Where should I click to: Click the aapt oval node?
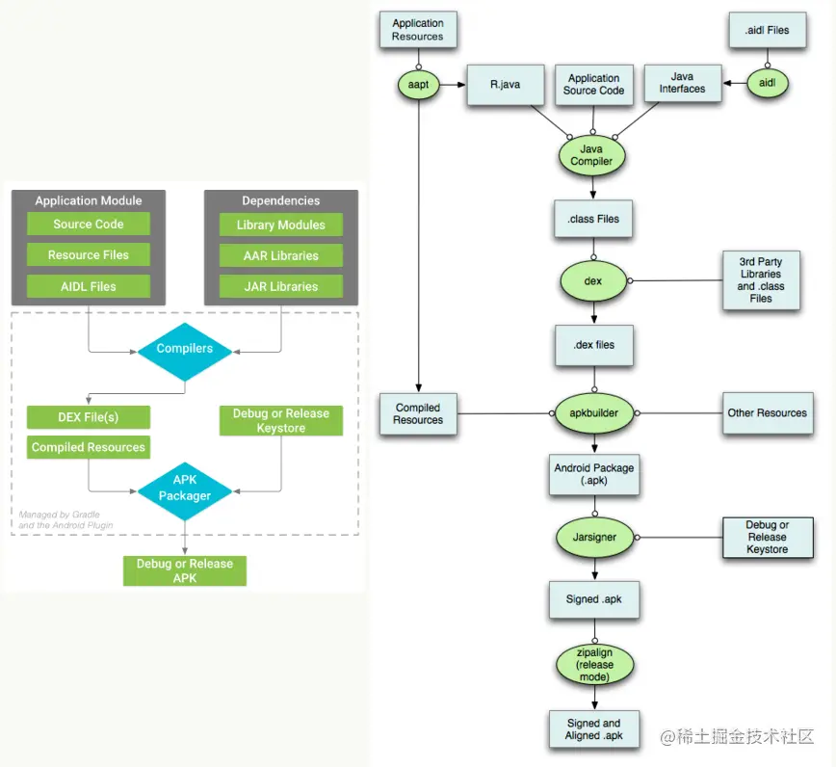(418, 85)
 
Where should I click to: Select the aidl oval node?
(768, 84)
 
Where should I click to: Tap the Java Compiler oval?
(591, 155)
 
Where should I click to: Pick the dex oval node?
(593, 280)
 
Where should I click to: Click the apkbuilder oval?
(593, 412)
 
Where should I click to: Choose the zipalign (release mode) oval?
(593, 665)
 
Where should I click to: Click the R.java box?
(505, 85)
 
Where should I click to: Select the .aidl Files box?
(767, 31)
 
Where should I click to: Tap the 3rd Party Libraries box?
(761, 280)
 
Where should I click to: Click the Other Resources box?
(767, 412)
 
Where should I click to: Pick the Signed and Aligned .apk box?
(593, 729)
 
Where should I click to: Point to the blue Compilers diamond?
(185, 349)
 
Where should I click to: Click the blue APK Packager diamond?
(185, 489)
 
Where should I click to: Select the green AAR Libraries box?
(281, 256)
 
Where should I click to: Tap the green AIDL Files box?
(89, 286)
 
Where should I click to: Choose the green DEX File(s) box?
(89, 417)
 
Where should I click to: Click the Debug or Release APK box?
(185, 570)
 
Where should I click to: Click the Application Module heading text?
(89, 200)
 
